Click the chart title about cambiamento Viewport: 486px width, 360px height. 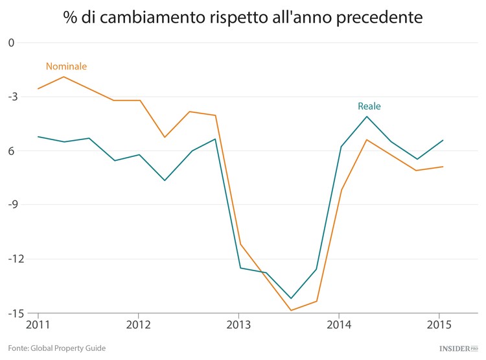tap(243, 18)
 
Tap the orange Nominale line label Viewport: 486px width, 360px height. tap(66, 66)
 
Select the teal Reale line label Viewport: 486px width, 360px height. tap(369, 106)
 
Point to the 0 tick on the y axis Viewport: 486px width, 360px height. tap(11, 43)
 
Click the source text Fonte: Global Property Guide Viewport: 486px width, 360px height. tap(57, 348)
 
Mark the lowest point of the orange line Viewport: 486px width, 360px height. tap(291, 310)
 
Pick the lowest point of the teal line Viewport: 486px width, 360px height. tap(291, 298)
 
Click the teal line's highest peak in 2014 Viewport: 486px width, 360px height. tap(367, 117)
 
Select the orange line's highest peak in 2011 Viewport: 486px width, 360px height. tap(64, 77)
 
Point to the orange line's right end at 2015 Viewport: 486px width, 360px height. tap(443, 167)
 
